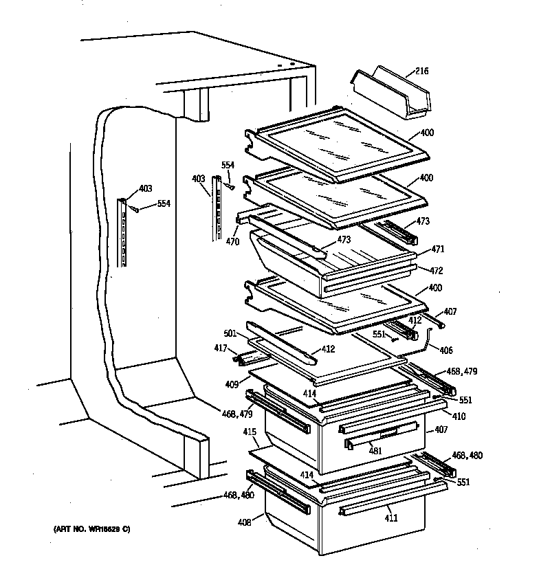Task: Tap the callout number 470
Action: [x=232, y=242]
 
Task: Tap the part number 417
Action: [x=219, y=348]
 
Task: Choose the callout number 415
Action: [x=250, y=433]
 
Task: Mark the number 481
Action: [x=375, y=451]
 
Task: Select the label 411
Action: [x=390, y=518]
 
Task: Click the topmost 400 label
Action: [x=426, y=131]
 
